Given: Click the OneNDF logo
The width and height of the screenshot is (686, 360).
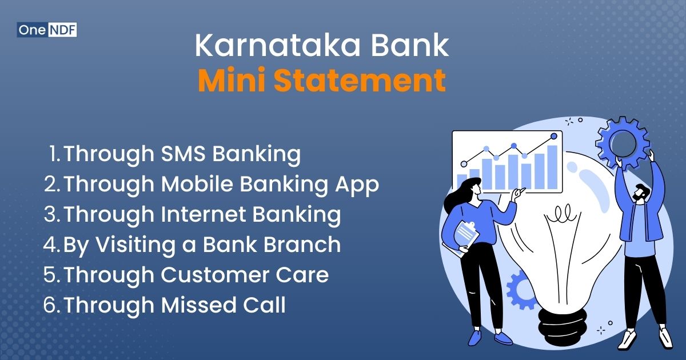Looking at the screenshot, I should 47,30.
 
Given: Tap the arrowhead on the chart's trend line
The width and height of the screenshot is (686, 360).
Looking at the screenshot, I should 554,135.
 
